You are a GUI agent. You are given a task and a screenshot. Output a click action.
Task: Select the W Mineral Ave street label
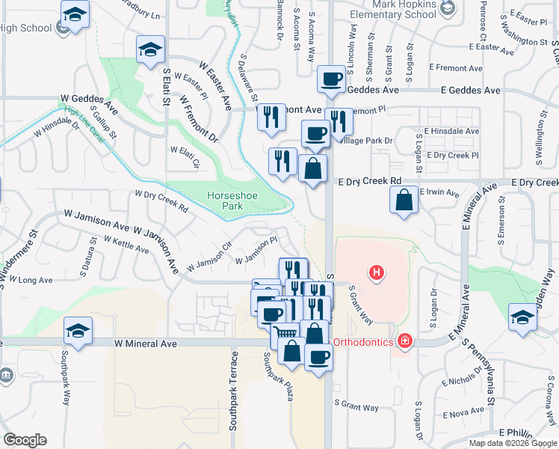point(146,344)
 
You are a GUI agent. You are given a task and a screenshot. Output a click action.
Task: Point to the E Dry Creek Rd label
point(369,182)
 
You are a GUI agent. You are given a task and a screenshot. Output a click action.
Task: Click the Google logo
point(25,440)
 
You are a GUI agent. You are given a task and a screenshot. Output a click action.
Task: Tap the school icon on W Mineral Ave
point(78,330)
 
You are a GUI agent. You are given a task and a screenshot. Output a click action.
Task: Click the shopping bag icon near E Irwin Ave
point(404,201)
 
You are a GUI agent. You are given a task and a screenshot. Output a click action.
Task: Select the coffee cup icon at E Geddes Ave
point(331,78)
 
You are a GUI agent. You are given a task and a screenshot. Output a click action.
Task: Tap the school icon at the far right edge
point(522,316)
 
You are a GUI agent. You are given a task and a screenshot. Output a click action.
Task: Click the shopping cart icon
point(285,335)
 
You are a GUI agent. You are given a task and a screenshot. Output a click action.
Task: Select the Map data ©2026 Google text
point(513,442)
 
